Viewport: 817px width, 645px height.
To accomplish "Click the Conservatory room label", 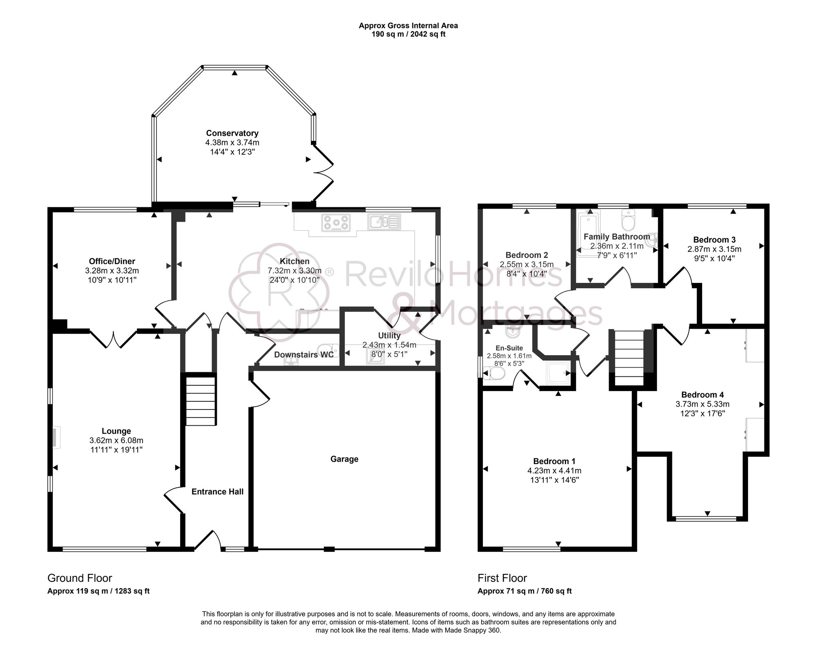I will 232,133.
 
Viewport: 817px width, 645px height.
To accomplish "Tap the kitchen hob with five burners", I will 336,223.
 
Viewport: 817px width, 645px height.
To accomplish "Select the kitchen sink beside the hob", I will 384,222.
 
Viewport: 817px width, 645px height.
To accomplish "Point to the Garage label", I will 344,459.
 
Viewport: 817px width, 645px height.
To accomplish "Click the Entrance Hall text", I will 217,492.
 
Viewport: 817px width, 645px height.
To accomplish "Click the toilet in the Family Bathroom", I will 627,221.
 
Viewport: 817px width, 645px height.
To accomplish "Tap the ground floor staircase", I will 201,401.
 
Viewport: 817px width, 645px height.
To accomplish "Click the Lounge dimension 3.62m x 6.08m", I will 116,440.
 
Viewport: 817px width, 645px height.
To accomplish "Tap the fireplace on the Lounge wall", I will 56,438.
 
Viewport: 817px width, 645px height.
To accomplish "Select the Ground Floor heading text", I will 80,578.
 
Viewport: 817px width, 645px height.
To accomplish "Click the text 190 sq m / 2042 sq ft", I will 408,34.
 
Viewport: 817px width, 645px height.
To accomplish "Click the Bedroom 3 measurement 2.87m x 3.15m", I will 714,249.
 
